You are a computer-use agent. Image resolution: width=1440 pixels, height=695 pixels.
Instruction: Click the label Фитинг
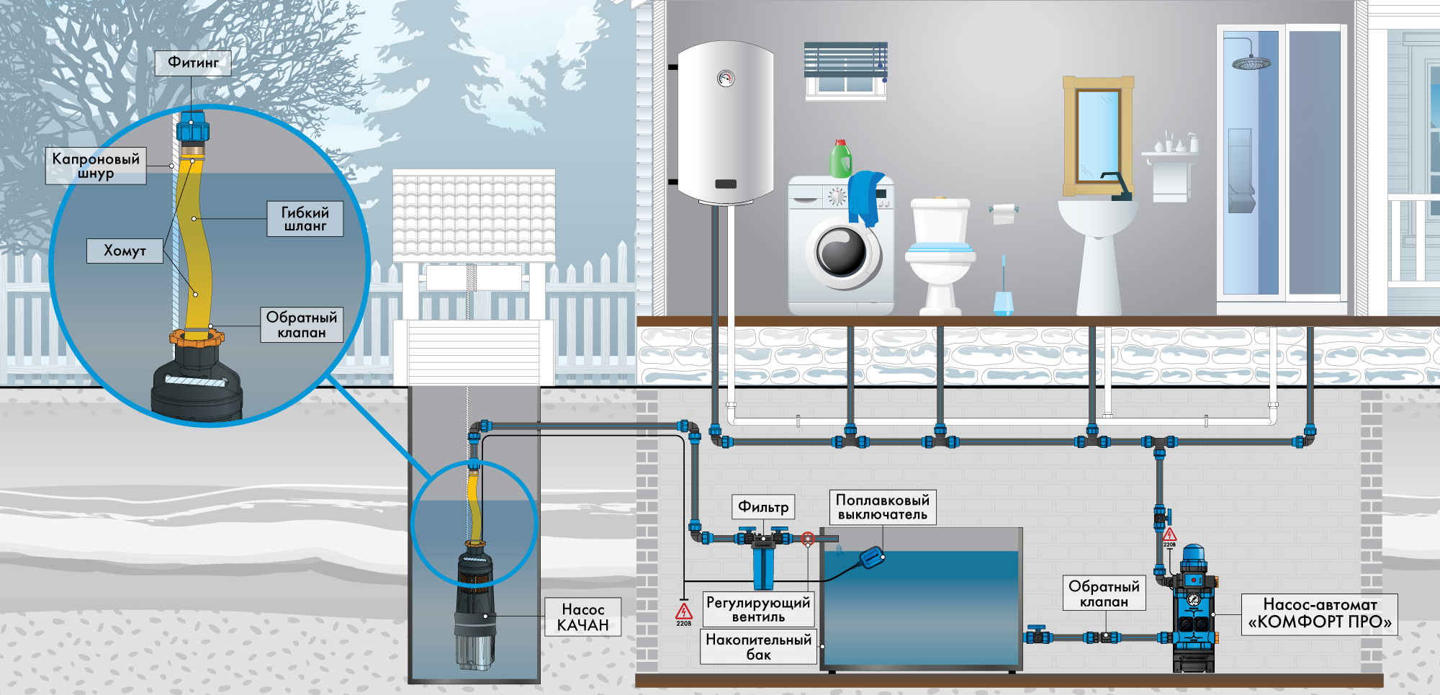193,63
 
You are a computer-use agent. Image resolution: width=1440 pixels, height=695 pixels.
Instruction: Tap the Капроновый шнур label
96,166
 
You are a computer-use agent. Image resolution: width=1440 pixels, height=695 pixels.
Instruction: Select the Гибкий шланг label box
305,218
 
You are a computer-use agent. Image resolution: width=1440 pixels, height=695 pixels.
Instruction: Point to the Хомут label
125,251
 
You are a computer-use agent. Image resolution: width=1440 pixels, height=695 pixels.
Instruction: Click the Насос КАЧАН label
582,617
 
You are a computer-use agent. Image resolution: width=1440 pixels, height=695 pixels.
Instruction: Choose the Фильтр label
763,507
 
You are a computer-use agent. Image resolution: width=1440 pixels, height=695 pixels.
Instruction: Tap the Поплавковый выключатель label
883,507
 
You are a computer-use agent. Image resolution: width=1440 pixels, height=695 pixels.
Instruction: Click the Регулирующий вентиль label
758,609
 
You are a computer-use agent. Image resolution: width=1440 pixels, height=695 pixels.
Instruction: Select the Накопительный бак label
759,647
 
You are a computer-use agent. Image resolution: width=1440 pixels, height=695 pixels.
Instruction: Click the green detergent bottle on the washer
840,158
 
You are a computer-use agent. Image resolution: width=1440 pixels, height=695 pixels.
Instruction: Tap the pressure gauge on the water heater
726,79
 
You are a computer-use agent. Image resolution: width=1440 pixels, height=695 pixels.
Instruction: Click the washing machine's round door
842,253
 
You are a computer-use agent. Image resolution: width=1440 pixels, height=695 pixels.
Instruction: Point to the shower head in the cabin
1251,63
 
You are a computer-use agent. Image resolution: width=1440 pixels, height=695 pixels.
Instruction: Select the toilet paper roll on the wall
1003,213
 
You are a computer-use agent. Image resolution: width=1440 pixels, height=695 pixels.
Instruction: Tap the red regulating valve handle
807,538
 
